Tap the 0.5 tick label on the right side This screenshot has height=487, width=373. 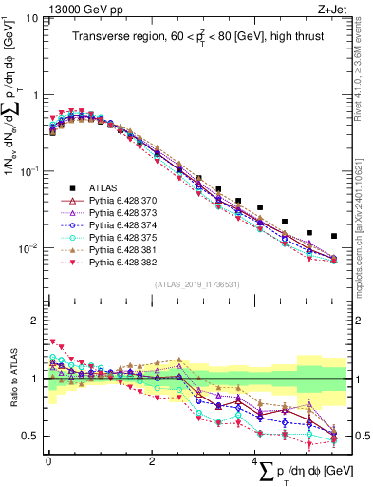point(358,437)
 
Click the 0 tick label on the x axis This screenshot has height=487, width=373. point(48,461)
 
